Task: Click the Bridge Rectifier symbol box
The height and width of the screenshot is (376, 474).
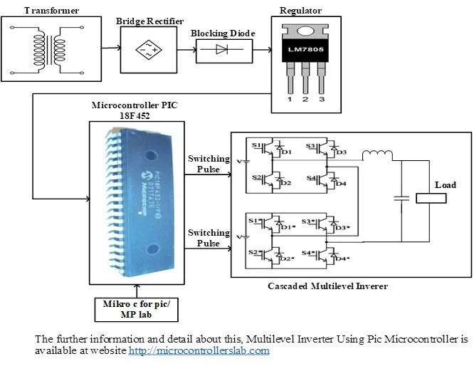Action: click(146, 49)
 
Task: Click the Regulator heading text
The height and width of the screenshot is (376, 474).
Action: click(301, 11)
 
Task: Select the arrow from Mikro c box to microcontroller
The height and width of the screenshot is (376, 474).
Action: click(136, 291)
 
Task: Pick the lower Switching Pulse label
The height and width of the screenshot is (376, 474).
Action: click(209, 238)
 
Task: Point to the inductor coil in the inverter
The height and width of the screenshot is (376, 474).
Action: click(376, 156)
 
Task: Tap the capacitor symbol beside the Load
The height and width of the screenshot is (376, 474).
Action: click(403, 199)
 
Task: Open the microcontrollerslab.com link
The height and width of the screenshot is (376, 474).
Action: click(199, 351)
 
